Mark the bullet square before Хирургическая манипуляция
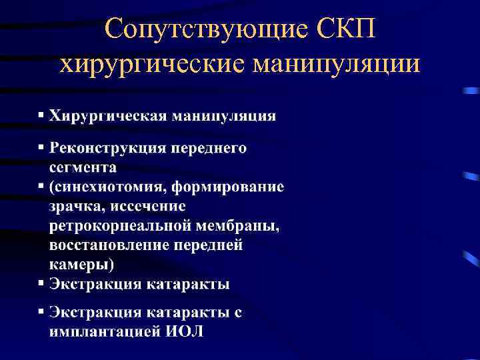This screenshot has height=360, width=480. [41, 115]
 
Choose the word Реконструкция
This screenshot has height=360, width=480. [105, 148]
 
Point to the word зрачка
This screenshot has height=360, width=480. [73, 207]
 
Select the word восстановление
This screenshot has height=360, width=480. [109, 245]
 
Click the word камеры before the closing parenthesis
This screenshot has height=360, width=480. [77, 265]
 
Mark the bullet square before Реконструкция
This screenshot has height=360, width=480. [41, 147]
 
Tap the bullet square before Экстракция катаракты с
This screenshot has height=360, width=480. [41, 311]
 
